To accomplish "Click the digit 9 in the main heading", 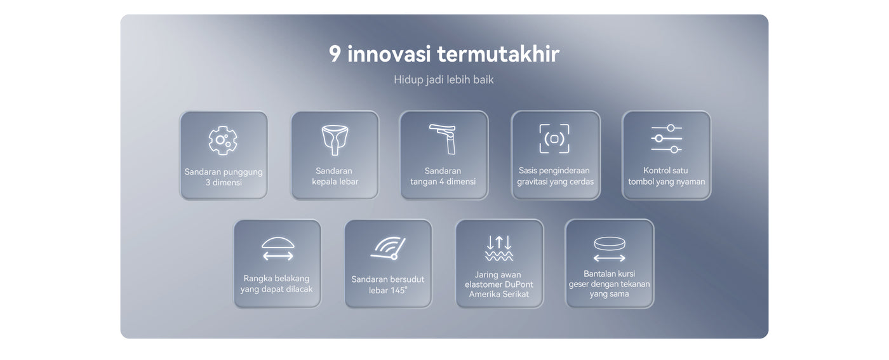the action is [x=335, y=54].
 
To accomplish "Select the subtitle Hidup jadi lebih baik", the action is [x=444, y=80].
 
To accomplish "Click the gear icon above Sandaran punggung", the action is [x=223, y=140].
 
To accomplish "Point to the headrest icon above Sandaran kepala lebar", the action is [x=335, y=140].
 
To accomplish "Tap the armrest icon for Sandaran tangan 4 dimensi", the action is [x=443, y=139].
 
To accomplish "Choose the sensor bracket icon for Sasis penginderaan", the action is [x=554, y=138].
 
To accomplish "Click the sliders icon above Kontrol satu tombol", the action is [x=666, y=138].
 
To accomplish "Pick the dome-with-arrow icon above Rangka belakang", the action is [x=278, y=249].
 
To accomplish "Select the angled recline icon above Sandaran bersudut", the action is [x=388, y=248].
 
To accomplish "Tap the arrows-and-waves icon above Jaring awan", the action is [x=499, y=248].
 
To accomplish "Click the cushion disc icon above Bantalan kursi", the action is [x=610, y=249].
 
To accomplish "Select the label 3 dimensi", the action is [x=224, y=183].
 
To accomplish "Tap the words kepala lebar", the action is [x=335, y=182].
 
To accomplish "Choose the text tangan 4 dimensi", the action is [x=443, y=182].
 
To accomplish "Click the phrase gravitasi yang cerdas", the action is [x=555, y=182].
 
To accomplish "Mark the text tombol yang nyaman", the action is [x=666, y=182].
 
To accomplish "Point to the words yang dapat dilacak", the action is [x=276, y=290].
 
